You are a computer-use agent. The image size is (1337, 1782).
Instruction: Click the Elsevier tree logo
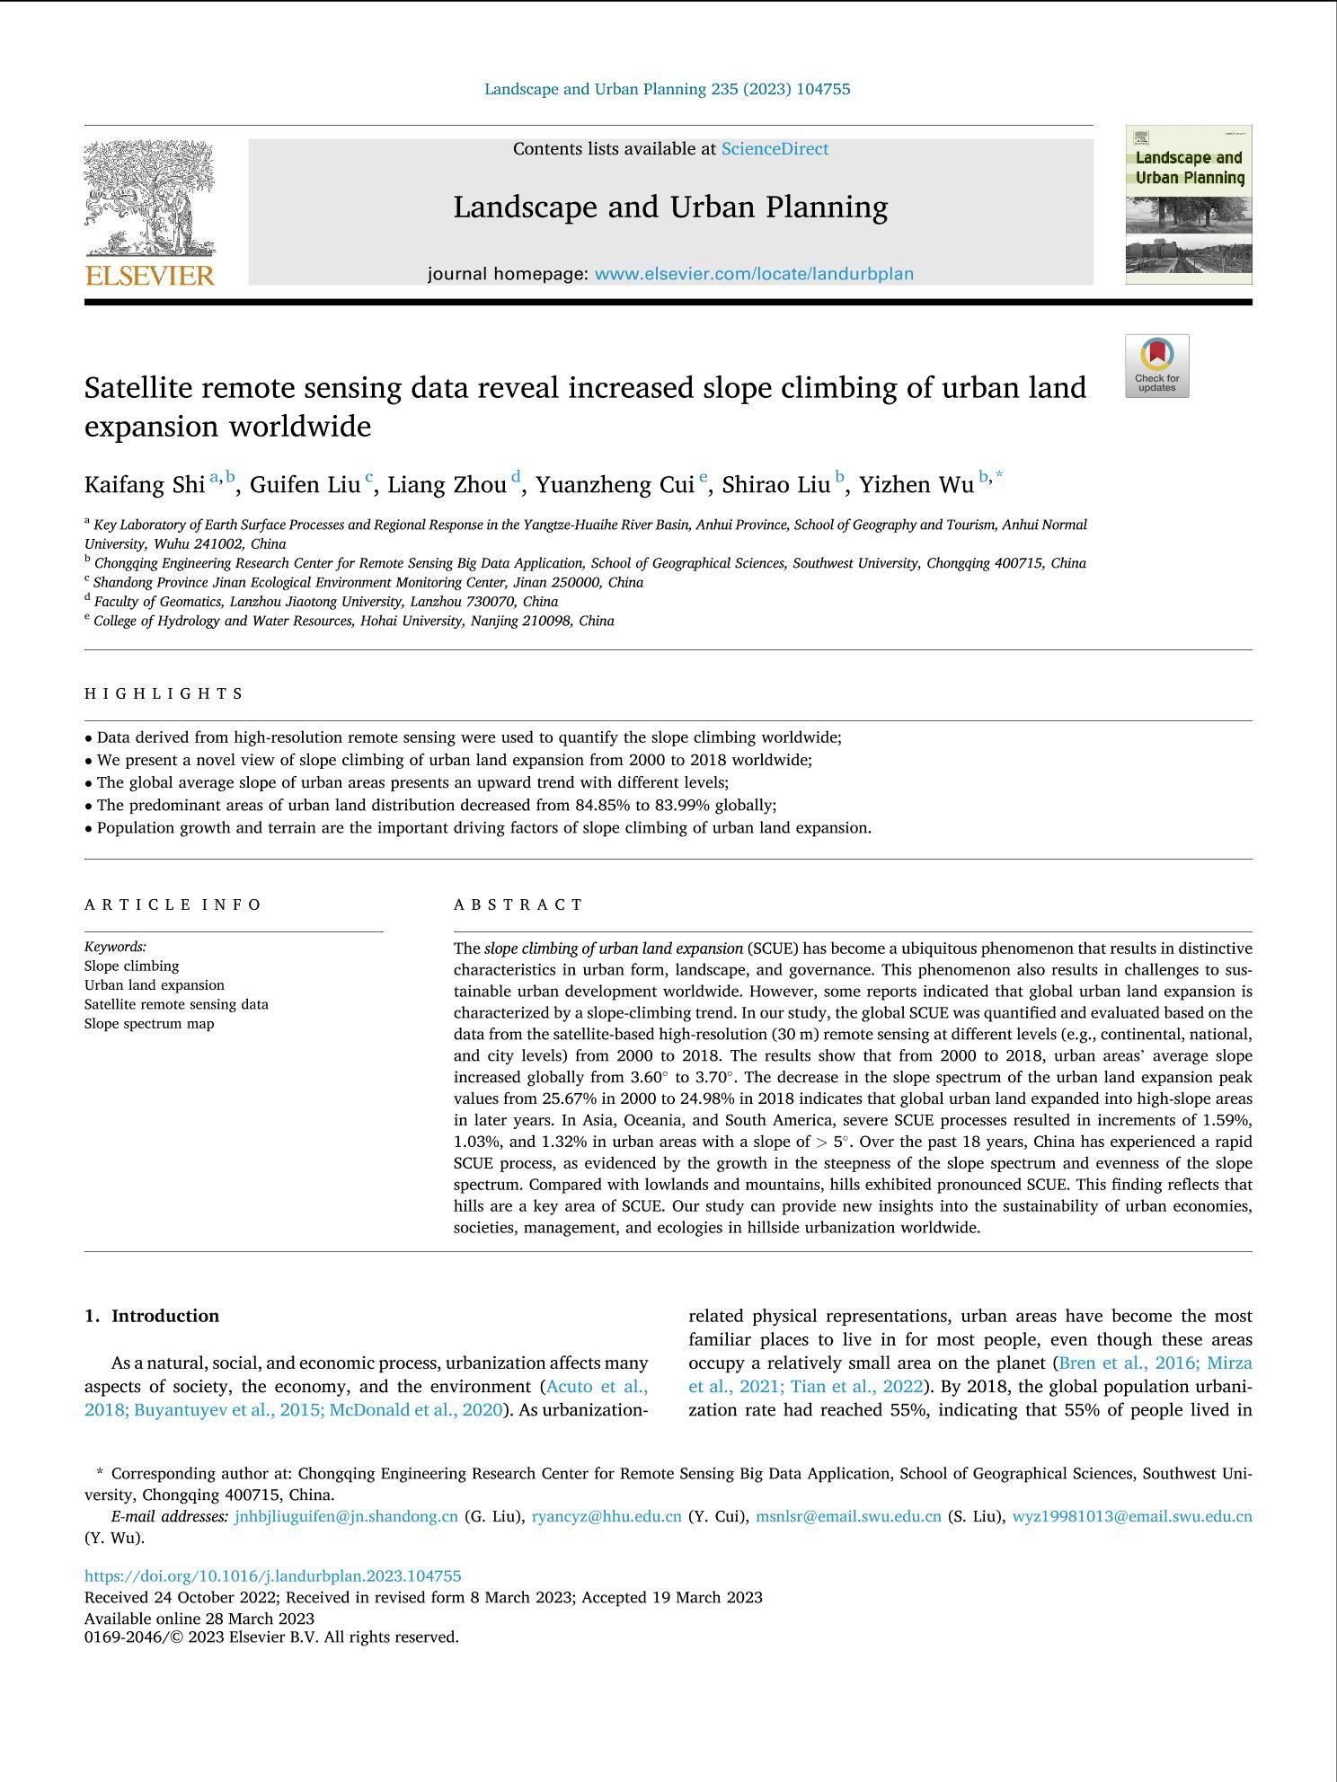149,198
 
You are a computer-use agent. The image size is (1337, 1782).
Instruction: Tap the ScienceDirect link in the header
775,149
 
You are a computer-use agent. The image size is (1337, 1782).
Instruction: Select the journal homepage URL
754,274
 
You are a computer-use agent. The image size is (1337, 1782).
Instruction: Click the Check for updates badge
1156,366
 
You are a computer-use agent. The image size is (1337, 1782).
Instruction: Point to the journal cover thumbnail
1188,205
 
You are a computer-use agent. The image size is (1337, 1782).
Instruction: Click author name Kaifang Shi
145,485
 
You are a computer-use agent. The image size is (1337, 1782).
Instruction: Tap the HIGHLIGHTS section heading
164,693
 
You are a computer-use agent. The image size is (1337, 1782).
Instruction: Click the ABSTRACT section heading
518,904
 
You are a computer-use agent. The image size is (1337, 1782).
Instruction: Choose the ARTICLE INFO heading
173,904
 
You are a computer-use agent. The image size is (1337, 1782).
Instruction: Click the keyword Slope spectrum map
149,1024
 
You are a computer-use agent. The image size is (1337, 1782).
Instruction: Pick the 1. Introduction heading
152,1316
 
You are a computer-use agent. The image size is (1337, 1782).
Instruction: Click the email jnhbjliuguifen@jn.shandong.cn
346,1516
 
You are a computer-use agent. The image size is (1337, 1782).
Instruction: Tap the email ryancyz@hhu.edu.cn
607,1516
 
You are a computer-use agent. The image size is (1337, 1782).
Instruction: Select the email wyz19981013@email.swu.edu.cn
1132,1516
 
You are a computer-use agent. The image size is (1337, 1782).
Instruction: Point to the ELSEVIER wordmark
149,275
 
